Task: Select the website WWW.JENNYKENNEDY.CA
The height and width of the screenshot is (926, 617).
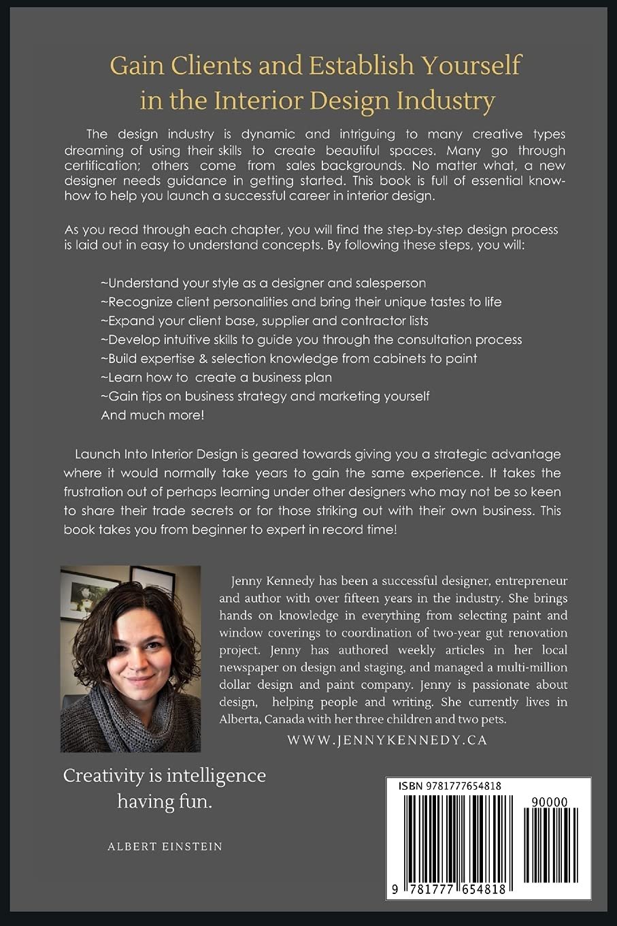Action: (x=387, y=740)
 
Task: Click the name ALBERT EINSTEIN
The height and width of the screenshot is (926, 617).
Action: (x=165, y=846)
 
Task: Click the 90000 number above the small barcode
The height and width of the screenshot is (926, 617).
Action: (x=550, y=802)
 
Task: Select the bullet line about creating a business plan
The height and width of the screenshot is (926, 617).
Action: (x=216, y=377)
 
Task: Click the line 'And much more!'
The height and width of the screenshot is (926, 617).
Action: (x=152, y=415)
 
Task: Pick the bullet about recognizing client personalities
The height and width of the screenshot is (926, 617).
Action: (x=301, y=302)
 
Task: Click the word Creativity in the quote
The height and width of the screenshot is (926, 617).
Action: (x=104, y=776)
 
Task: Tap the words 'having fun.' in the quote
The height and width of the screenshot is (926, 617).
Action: (x=165, y=801)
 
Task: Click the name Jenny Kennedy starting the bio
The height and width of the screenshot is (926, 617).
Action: (x=272, y=581)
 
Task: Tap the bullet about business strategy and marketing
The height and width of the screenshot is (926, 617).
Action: (x=265, y=396)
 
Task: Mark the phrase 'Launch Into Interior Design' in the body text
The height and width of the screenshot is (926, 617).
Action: (x=154, y=454)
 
